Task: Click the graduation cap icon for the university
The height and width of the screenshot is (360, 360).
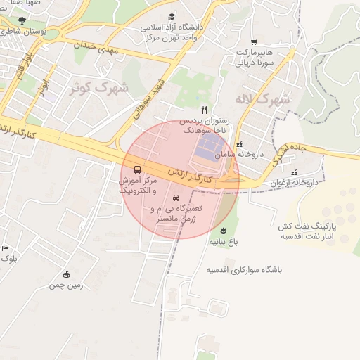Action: (172, 16)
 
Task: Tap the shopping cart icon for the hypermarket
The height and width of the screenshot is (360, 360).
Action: (254, 41)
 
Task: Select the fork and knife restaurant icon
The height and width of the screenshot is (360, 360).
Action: (204, 110)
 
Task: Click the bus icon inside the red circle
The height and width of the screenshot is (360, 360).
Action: (136, 170)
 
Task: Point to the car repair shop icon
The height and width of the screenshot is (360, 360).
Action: (176, 198)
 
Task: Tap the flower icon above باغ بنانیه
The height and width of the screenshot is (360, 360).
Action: (224, 231)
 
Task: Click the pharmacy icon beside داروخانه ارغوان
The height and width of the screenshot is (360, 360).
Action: (294, 172)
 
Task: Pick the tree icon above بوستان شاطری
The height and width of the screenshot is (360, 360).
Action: (22, 21)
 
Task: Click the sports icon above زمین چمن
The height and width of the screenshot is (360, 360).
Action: (67, 274)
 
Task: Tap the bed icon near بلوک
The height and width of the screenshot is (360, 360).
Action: (6, 248)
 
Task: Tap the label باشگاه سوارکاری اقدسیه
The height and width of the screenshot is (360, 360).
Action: (244, 270)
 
